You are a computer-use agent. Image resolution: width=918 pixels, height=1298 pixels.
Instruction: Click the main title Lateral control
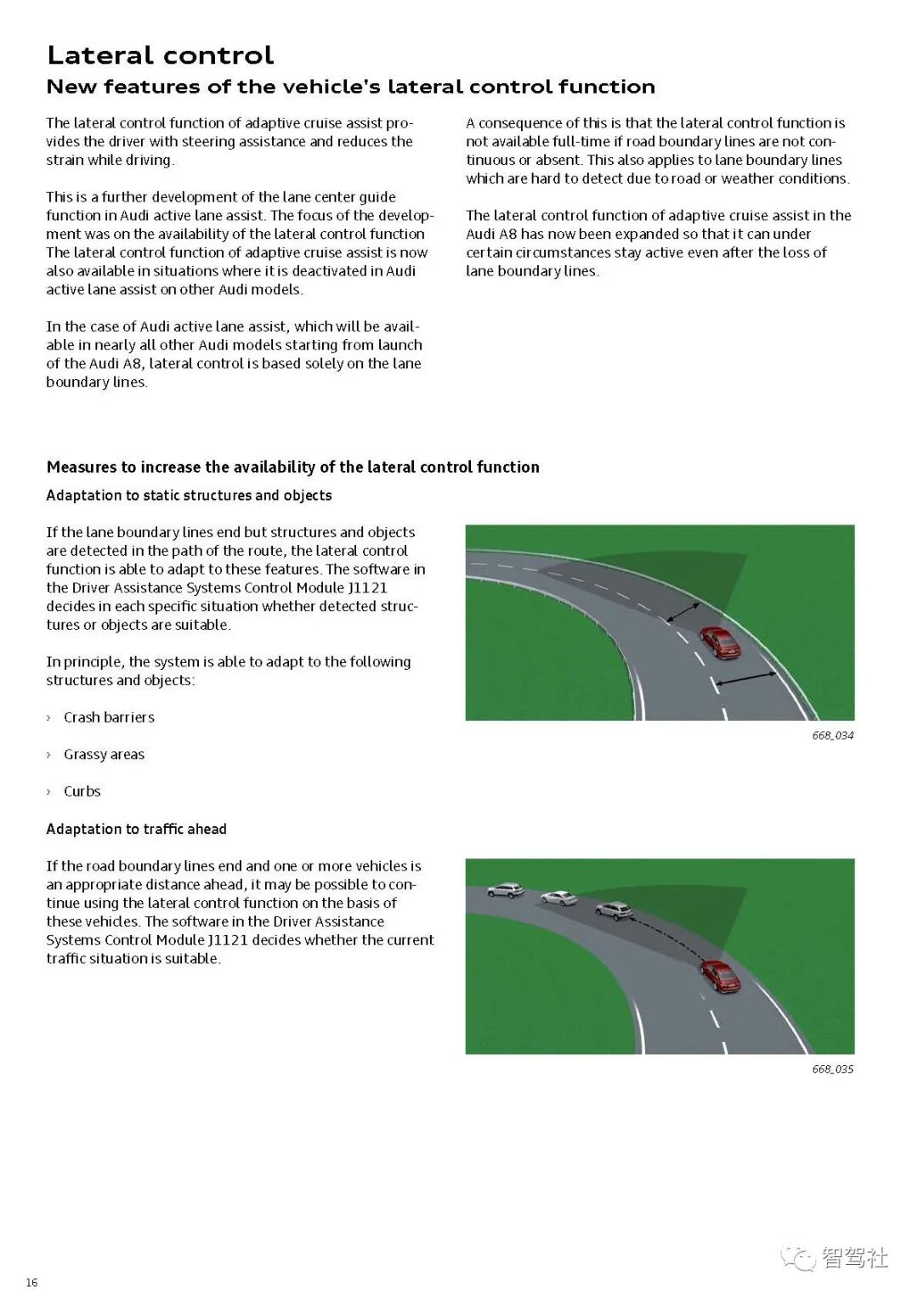(160, 55)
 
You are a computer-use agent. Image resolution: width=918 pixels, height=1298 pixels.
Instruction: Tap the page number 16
(31, 1283)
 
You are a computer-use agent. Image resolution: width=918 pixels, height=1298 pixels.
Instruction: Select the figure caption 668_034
(832, 735)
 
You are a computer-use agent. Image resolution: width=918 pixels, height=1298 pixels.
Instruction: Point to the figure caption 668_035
(832, 1069)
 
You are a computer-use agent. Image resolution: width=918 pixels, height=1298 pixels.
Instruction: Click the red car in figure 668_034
(721, 643)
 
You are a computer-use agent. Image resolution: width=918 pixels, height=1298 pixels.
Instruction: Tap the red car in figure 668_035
(721, 976)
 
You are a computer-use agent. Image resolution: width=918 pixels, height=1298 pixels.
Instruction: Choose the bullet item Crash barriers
(109, 717)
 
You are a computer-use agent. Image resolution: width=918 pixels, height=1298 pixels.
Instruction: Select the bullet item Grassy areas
(104, 755)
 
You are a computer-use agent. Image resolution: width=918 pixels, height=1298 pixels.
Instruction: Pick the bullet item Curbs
(82, 791)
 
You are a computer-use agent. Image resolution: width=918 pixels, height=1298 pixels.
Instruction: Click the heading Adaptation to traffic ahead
(136, 829)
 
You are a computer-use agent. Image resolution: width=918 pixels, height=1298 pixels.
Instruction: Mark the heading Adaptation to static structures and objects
(189, 496)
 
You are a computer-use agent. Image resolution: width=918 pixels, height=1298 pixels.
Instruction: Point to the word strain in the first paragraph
(63, 161)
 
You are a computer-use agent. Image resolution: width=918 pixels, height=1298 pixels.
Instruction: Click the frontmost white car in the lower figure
(505, 890)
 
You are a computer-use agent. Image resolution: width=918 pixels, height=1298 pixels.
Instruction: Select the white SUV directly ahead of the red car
(614, 910)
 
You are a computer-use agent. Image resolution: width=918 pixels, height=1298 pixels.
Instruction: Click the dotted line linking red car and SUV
(671, 935)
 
